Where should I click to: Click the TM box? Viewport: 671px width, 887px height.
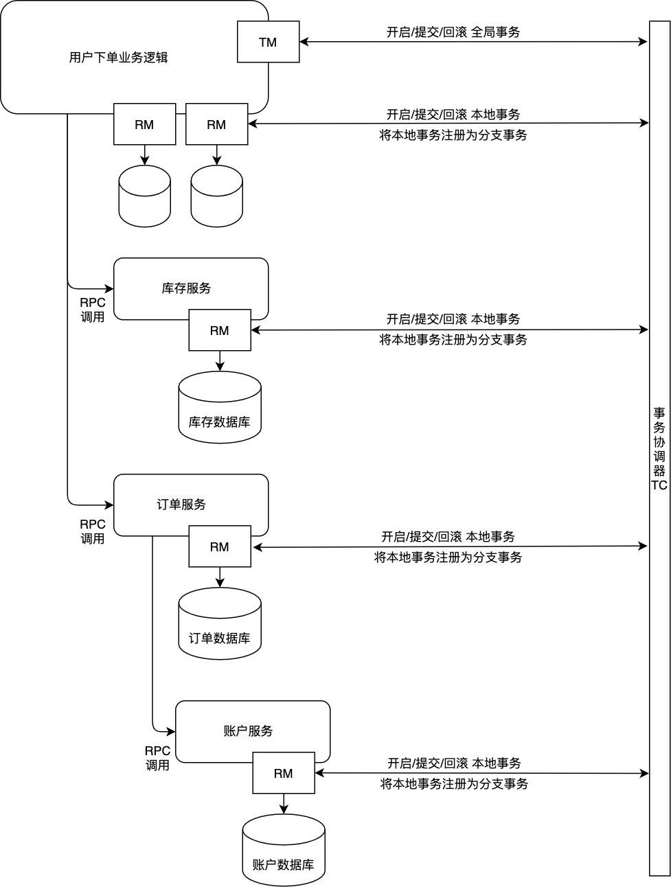point(268,43)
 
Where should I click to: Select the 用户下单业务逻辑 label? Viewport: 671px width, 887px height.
point(118,58)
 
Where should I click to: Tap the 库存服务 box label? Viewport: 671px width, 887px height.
point(186,288)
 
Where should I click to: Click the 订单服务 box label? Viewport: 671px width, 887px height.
point(181,505)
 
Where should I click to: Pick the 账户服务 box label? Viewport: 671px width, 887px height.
point(248,731)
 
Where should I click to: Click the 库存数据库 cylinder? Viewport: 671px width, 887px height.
point(220,408)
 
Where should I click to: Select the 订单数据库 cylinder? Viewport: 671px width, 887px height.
point(220,625)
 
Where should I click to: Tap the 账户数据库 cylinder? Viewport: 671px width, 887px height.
point(283,851)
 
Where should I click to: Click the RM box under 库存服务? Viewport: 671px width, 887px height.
point(220,331)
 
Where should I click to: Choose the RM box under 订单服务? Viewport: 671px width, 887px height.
point(220,547)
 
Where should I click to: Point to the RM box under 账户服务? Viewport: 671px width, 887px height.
point(283,774)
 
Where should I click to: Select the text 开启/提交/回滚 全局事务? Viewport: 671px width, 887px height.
point(453,32)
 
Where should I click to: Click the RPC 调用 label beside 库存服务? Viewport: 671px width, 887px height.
point(93,310)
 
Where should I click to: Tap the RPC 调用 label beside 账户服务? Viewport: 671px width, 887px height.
point(157,758)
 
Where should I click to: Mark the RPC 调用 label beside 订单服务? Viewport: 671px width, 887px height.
point(93,531)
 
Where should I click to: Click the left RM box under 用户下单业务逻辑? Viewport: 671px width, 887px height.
point(144,125)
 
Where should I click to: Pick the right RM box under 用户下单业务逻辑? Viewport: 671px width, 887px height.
point(216,125)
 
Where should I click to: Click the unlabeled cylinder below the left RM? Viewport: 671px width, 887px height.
point(144,196)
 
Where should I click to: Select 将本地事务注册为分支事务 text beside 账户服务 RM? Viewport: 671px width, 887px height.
point(454,784)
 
